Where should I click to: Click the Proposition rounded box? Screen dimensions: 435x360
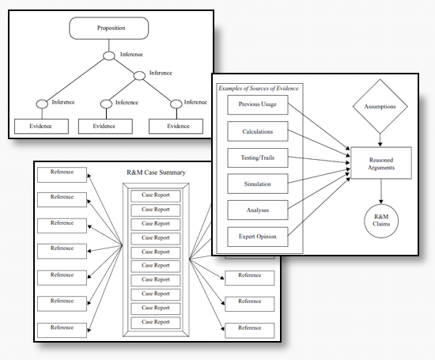coord(109,28)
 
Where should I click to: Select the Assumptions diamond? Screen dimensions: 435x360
coord(380,107)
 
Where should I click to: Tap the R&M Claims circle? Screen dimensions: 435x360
coord(381,221)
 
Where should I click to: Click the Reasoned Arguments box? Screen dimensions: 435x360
coord(381,163)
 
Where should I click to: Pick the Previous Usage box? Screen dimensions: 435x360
coord(258,104)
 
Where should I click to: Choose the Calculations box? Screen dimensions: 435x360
coord(258,131)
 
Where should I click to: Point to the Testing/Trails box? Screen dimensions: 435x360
coord(258,157)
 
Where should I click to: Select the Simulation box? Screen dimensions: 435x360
coord(258,184)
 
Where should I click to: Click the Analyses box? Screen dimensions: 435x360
coord(258,210)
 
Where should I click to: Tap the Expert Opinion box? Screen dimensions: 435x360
coord(258,237)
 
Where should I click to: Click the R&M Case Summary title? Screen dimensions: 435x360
coord(156,172)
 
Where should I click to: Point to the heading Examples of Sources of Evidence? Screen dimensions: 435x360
coord(259,89)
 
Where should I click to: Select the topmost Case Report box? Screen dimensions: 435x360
coord(156,195)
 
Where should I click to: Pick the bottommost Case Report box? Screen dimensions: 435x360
coord(156,323)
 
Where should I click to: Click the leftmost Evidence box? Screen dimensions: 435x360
coord(41,127)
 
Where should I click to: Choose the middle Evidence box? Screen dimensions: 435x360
coord(105,127)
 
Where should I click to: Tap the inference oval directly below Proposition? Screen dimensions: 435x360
coord(109,55)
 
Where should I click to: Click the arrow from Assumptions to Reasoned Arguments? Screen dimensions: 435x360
coord(380,140)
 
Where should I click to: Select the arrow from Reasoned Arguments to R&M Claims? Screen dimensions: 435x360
coord(381,191)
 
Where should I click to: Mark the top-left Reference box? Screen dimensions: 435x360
coord(62,175)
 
